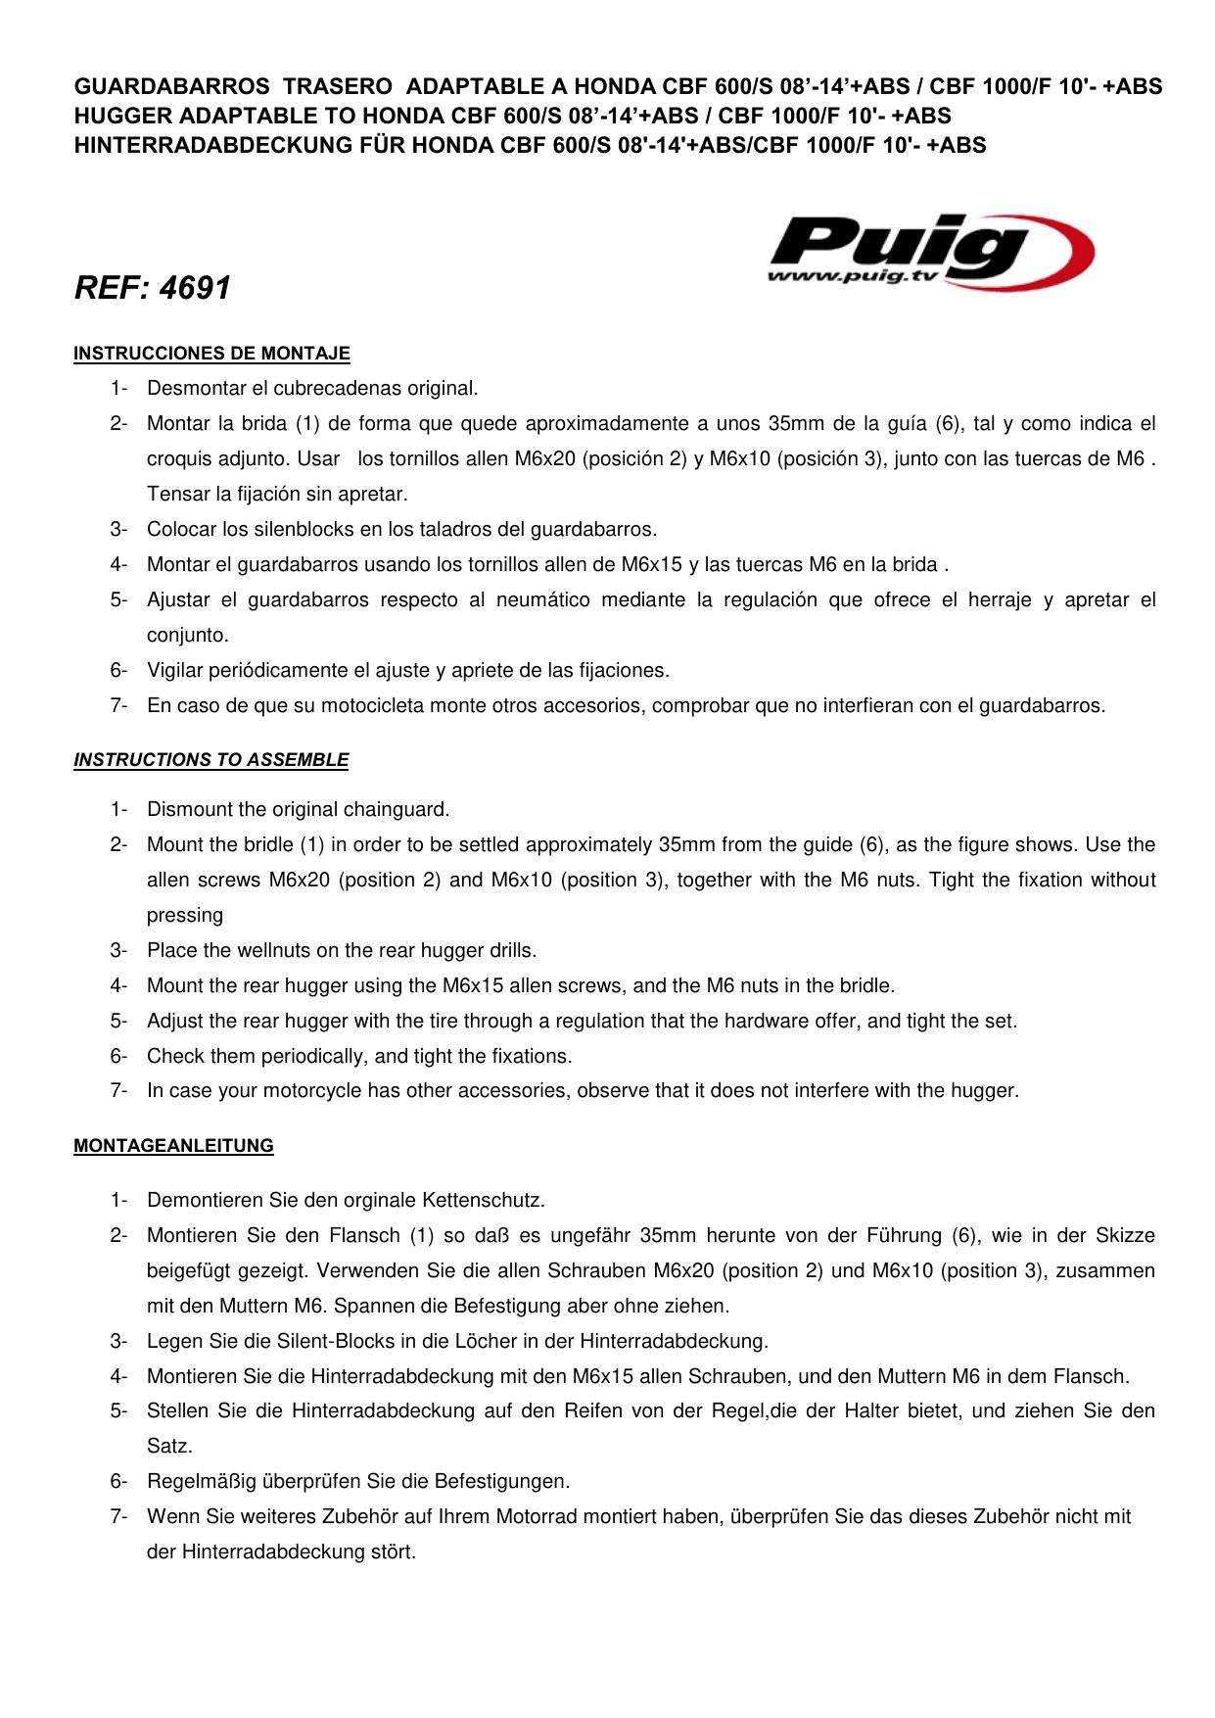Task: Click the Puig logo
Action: pos(930,251)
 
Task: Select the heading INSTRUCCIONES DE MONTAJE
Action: pos(211,354)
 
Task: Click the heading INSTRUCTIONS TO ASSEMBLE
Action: pos(210,760)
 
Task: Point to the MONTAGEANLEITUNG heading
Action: pos(173,1146)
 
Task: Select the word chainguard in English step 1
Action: pos(400,810)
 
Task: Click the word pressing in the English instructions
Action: pos(185,916)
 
